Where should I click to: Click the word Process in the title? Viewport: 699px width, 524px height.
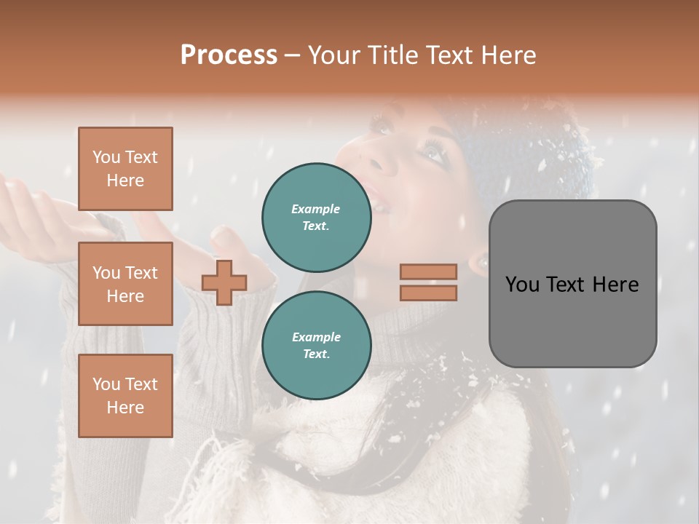tap(229, 55)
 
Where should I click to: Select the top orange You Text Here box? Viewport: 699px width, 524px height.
tap(125, 169)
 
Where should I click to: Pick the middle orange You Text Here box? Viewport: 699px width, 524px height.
tap(125, 284)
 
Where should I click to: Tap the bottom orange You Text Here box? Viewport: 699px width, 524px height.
tap(125, 396)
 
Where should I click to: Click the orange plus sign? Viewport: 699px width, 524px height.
tap(224, 282)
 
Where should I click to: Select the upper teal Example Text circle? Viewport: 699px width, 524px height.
tap(317, 217)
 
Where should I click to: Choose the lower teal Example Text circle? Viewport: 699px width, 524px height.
tap(317, 345)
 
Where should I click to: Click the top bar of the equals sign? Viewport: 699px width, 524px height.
tap(429, 272)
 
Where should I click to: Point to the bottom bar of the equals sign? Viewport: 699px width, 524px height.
tap(429, 293)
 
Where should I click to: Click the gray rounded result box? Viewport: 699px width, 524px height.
tap(572, 320)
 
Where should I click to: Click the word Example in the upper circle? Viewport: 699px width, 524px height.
tap(316, 209)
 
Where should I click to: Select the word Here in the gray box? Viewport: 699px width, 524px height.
tap(615, 285)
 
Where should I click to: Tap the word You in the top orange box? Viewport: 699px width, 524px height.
tap(106, 157)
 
